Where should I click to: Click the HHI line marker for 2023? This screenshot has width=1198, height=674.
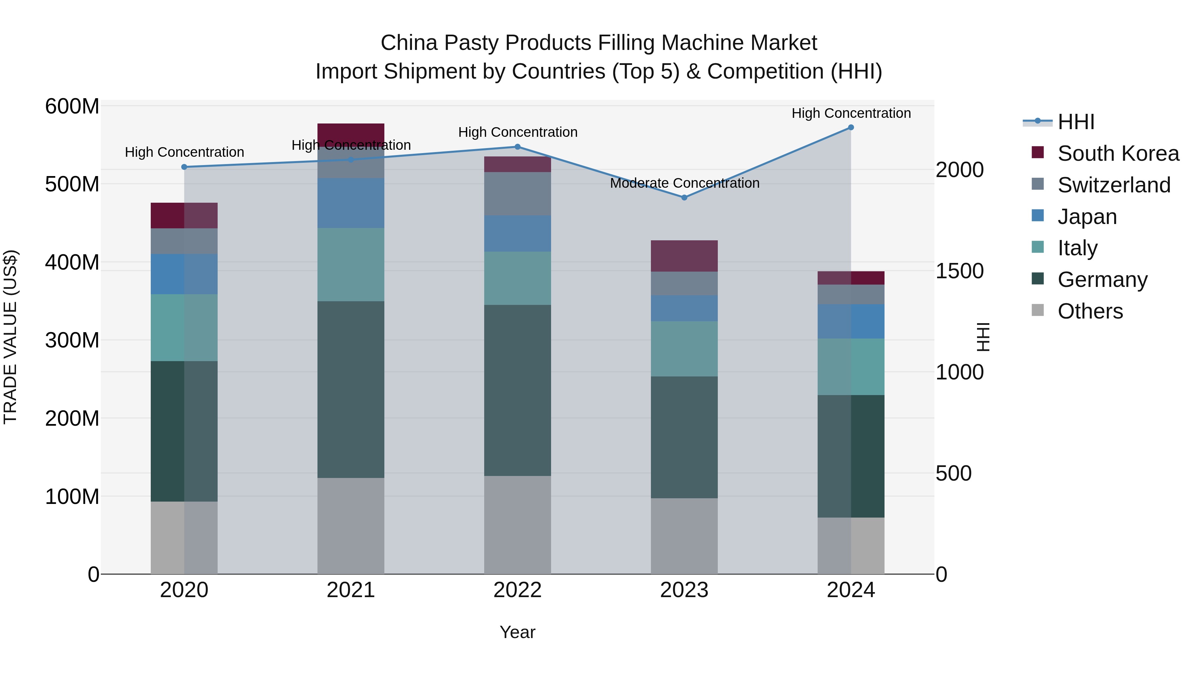684,198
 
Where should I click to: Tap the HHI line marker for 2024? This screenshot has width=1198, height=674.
851,127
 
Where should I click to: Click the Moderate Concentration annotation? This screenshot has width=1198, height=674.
685,183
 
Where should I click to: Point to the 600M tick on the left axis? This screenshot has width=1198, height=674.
72,107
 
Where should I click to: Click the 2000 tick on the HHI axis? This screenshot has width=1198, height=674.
959,170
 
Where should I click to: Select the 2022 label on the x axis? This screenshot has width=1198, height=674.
517,590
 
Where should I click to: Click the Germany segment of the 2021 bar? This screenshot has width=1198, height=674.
351,389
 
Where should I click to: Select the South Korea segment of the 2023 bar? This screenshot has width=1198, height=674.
684,256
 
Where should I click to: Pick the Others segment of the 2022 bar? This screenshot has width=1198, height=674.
517,525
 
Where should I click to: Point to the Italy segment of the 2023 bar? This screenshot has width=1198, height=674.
684,348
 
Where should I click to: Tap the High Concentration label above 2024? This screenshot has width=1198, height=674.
851,113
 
